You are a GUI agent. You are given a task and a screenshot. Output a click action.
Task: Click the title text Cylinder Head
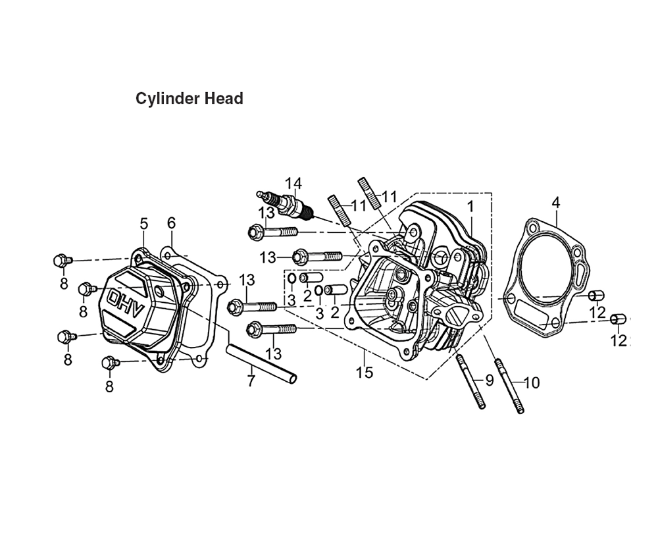tap(190, 99)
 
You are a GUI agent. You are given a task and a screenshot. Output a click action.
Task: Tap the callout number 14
tap(293, 184)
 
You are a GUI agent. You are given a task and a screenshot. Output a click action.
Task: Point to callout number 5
tap(144, 224)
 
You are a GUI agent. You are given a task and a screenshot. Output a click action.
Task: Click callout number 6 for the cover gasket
tap(171, 223)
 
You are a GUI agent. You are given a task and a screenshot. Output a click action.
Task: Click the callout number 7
tap(251, 381)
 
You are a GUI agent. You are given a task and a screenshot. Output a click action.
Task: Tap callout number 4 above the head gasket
tap(555, 203)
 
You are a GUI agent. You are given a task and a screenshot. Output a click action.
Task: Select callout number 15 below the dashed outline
tap(365, 373)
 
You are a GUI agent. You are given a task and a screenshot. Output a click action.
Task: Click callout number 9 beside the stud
tap(490, 380)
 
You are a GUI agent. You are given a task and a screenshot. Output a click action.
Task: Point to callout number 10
tap(532, 383)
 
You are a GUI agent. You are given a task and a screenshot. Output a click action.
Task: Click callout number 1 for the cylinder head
tap(470, 206)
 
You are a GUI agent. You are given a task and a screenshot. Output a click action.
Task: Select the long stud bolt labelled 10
tap(509, 386)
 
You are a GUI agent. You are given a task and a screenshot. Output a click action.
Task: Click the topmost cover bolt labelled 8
tap(63, 261)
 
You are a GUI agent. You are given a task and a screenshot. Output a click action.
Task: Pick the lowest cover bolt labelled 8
tap(112, 362)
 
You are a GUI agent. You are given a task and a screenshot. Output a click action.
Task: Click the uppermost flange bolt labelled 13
tap(273, 232)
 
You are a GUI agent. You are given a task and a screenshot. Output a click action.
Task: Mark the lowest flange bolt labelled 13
tap(272, 328)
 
